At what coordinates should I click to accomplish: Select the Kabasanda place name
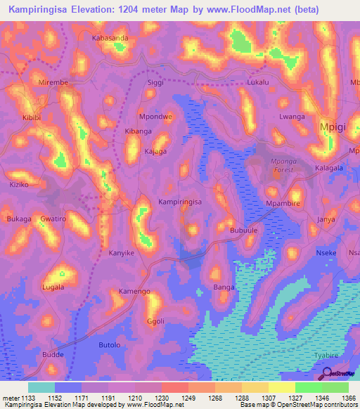pyautogui.click(x=110, y=38)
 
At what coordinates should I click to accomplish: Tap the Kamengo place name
pyautogui.click(x=134, y=291)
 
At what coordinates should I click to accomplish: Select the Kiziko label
pyautogui.click(x=19, y=184)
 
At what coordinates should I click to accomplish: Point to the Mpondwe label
pyautogui.click(x=155, y=117)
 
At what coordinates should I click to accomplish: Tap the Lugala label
pyautogui.click(x=53, y=287)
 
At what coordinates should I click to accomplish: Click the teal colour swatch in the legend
pyautogui.click(x=41, y=387)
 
